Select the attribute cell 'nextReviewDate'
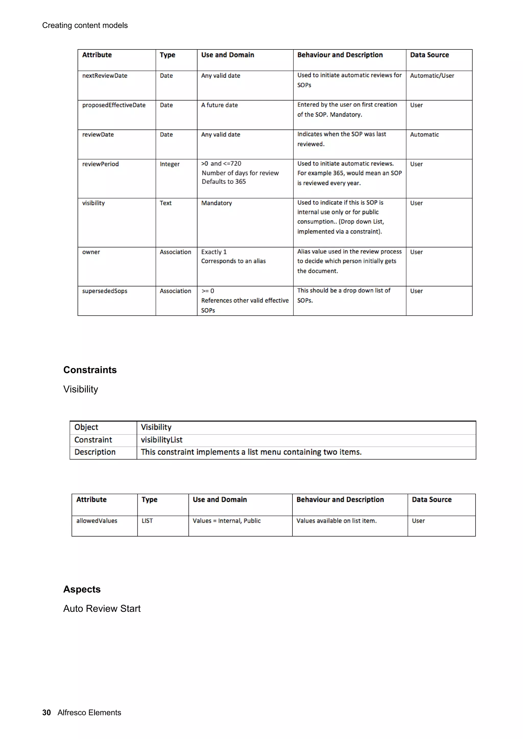coord(104,76)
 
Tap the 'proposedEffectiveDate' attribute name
coord(113,105)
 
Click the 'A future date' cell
coord(219,105)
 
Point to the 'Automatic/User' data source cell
coord(432,76)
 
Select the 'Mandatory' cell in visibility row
coord(216,203)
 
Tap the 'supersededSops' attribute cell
coord(104,291)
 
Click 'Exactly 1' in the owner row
coord(214,252)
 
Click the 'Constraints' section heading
coord(90,370)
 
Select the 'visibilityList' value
coord(161,440)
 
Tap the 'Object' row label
coord(86,427)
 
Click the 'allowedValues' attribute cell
coord(97,521)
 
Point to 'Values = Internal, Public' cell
coord(226,521)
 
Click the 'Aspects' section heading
coord(82,589)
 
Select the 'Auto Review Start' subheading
coord(102,609)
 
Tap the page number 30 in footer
coord(46,712)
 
